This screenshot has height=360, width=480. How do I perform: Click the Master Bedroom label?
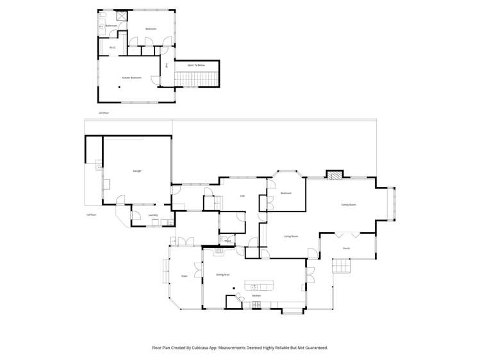click(131, 78)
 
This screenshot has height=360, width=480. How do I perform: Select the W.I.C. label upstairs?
click(112, 47)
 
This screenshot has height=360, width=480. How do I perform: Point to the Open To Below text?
click(196, 65)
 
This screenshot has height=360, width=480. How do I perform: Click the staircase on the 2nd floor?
click(197, 79)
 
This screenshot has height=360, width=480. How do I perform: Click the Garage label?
click(137, 171)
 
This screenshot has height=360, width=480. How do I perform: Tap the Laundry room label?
click(153, 215)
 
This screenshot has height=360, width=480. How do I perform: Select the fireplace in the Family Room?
click(335, 175)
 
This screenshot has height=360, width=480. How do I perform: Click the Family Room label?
click(348, 204)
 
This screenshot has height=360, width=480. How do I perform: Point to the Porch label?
click(346, 248)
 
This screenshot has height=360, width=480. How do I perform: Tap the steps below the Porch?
click(341, 265)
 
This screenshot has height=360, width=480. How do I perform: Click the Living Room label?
click(291, 236)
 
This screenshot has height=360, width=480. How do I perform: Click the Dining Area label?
click(222, 274)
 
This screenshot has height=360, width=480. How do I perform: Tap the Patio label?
click(184, 276)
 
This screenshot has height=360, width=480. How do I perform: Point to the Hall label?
click(242, 196)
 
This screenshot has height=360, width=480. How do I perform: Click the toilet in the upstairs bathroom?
click(102, 26)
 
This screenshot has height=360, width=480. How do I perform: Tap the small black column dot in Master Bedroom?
click(119, 88)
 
